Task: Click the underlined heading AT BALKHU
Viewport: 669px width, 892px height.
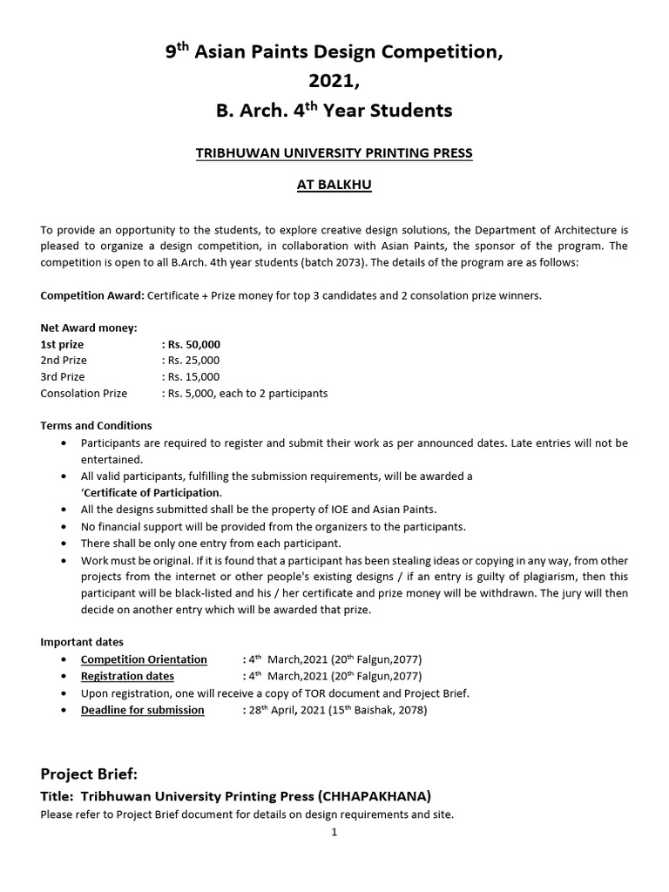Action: (334, 186)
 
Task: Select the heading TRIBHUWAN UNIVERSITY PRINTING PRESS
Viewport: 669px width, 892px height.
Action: (334, 153)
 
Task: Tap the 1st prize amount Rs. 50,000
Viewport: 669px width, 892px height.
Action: (191, 344)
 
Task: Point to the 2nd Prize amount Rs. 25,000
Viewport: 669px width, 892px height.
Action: (191, 361)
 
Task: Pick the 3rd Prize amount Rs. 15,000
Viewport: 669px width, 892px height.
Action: (191, 377)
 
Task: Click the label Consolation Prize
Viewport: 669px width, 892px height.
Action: (84, 394)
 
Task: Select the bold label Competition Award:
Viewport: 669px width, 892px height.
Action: (92, 295)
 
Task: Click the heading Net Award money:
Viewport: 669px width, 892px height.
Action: (89, 328)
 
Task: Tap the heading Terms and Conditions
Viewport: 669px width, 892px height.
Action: (96, 426)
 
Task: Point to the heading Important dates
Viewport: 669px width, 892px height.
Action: (82, 642)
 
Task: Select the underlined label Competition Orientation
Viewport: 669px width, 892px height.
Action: (144, 659)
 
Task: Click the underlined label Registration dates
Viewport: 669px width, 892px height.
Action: (127, 676)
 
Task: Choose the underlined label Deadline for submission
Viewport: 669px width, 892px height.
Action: (143, 710)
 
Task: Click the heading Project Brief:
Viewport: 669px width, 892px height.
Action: (89, 774)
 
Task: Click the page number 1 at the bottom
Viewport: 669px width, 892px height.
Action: (334, 832)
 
